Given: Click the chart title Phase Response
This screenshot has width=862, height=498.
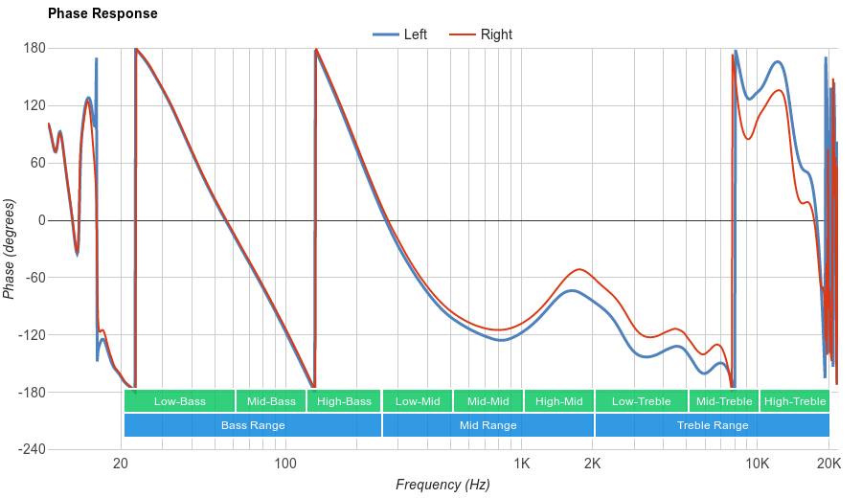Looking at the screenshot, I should point(102,14).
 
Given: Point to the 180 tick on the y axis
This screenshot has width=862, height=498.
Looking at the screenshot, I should point(34,48).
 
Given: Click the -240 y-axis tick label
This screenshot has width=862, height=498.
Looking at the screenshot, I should point(32,450).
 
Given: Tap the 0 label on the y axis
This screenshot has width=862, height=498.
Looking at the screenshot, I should point(41,220).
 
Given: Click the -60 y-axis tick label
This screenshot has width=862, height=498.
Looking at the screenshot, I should point(34,278).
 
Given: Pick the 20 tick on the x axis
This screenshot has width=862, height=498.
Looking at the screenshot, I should point(121,464).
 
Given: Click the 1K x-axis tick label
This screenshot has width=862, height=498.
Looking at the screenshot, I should point(521,464).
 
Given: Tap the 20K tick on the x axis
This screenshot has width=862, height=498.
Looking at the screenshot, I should point(828,464).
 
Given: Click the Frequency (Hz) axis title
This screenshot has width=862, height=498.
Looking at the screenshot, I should point(442,485).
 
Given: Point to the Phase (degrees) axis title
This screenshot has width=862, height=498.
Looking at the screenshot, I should point(10,249).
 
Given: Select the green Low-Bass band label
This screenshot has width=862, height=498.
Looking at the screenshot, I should point(179,401).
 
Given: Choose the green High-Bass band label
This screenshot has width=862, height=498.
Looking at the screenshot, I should point(344,401).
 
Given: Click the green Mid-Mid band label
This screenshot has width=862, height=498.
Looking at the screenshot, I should point(488,401).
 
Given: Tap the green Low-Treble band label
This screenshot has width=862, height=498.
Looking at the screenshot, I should point(641,401).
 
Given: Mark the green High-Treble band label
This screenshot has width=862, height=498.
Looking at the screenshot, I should point(795,401).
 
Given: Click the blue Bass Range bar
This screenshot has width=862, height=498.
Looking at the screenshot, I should point(253,425).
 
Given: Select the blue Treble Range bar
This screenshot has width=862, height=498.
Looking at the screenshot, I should point(713,425).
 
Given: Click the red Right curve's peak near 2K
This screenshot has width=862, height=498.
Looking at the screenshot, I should point(579,269).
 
